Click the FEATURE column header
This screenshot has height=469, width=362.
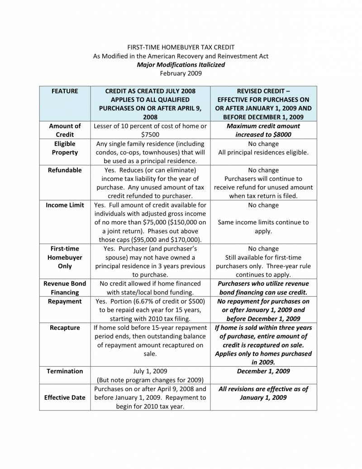[65, 91]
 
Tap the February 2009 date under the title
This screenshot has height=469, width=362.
[181, 73]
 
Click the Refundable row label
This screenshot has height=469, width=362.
[65, 170]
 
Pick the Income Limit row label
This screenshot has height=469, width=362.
[65, 205]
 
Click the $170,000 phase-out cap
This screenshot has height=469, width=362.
[185, 240]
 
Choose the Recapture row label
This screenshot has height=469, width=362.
[65, 328]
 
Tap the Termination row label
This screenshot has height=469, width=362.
[65, 371]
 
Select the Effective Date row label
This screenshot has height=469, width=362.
[65, 397]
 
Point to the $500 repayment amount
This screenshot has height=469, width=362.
[195, 301]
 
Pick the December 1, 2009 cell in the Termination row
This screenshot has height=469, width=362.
[263, 371]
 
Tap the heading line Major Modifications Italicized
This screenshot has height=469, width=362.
[181, 65]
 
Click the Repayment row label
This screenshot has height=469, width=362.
[65, 301]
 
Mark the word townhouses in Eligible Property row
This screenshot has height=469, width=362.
[167, 152]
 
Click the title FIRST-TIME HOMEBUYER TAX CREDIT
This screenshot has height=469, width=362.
[181, 47]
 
